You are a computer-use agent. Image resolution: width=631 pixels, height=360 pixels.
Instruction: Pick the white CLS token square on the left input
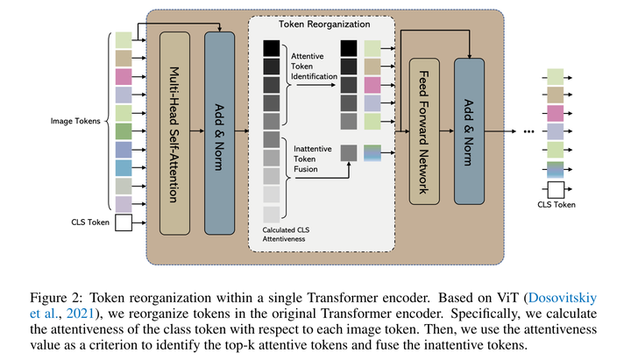(x=123, y=224)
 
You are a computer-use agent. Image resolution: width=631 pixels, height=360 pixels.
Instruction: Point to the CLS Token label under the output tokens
(x=557, y=206)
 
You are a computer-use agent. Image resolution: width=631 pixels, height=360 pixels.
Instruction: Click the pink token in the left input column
(x=123, y=76)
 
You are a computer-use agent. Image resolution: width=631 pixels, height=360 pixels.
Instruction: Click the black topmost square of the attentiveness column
(x=271, y=48)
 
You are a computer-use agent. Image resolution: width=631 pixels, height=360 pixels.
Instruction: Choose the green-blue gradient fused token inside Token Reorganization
(x=372, y=152)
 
